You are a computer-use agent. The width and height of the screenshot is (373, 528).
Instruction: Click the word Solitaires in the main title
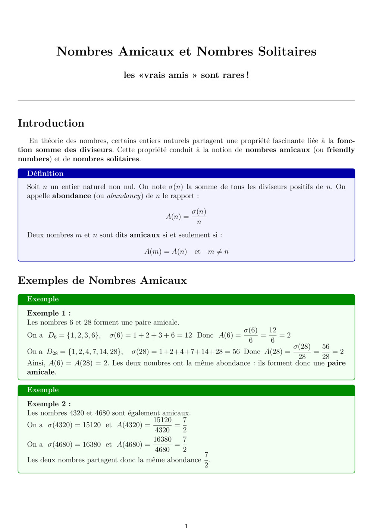point(287,52)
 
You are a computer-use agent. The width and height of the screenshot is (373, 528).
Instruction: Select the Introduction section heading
point(51,123)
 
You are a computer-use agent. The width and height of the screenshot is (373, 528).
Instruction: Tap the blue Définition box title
point(45,173)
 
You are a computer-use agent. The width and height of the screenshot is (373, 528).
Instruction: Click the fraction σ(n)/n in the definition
point(199,217)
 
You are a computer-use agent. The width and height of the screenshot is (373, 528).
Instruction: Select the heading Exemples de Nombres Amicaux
point(102,280)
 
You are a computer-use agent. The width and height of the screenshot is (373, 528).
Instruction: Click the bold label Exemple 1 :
point(49,313)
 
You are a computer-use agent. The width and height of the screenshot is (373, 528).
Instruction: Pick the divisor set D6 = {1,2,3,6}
point(74,335)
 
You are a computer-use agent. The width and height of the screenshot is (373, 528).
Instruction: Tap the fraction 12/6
point(273,335)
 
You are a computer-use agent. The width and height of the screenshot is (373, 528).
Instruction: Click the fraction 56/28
point(326,351)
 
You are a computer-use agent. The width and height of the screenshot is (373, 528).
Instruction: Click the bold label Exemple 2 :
point(49,404)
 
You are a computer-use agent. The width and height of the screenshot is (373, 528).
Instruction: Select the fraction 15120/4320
point(162,425)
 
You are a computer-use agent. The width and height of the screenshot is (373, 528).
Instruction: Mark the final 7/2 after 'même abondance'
point(206,460)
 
